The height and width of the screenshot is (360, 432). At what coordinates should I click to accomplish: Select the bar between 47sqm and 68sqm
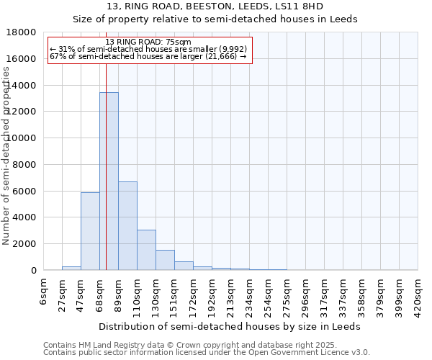tap(90, 231)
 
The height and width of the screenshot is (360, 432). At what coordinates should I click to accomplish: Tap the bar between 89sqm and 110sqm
tap(127, 226)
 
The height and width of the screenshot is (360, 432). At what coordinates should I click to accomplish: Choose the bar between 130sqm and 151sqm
tap(165, 260)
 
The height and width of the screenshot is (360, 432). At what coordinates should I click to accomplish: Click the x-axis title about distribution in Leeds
tap(230, 326)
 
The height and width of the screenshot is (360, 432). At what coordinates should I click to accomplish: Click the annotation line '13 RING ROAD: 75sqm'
tap(148, 42)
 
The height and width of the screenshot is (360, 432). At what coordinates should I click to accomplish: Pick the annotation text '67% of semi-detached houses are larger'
tap(148, 56)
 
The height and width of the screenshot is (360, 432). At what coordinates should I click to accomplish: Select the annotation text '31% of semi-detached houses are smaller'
tap(148, 49)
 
